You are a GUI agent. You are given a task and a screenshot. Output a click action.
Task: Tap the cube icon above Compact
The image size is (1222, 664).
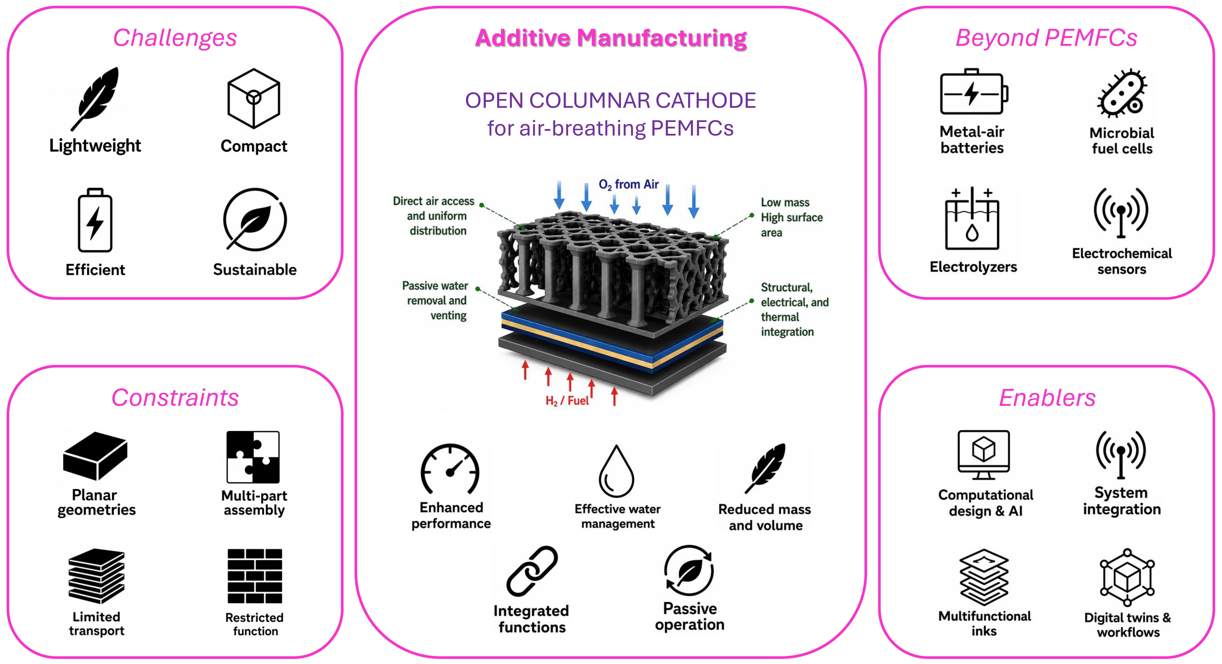point(254,98)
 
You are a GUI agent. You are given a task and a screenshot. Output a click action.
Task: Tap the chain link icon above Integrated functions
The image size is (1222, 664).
point(532,571)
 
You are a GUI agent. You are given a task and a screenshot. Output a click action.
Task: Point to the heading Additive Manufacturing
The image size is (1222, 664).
point(611,38)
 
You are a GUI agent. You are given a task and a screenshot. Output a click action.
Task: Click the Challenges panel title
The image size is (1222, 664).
point(175,38)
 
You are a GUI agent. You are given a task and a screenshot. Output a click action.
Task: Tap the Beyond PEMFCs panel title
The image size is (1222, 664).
point(1046,38)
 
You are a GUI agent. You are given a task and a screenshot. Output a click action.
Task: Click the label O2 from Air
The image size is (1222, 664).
point(629,185)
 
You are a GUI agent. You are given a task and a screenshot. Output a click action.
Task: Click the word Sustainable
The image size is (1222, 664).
point(255,270)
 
